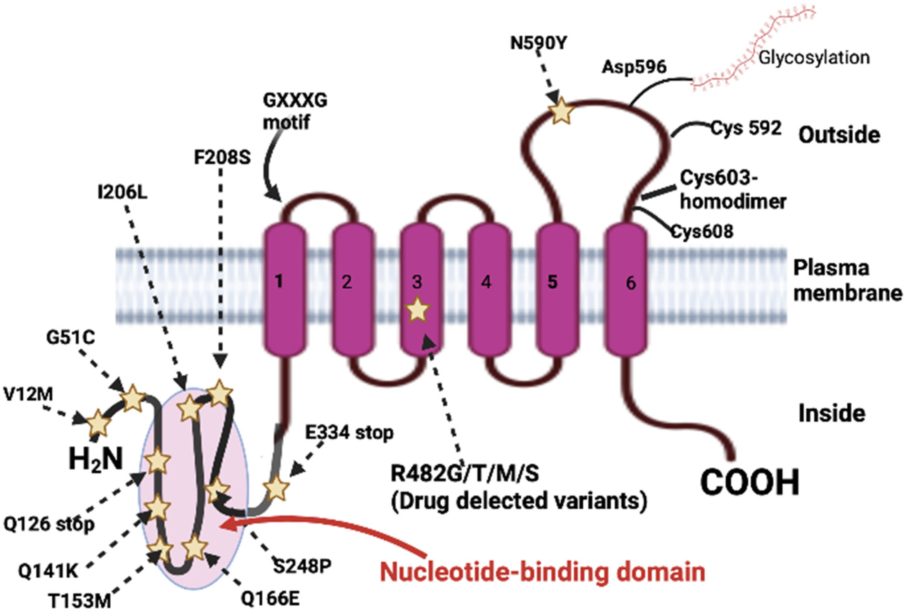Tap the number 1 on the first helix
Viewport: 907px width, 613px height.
tap(279, 281)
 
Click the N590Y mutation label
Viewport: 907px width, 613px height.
tap(539, 43)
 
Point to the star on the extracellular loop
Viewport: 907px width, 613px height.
tap(561, 111)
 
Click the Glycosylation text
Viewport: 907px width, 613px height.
tap(814, 58)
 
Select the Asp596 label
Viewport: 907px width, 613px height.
tap(634, 67)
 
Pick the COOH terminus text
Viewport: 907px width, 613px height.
tap(750, 483)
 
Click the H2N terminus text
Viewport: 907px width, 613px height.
tap(96, 459)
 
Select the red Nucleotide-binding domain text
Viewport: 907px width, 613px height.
tap(542, 572)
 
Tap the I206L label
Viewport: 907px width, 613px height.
tap(122, 192)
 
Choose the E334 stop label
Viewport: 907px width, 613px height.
tap(349, 432)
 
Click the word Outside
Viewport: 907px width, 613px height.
tap(839, 135)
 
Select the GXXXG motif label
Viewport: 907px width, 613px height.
tap(295, 111)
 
